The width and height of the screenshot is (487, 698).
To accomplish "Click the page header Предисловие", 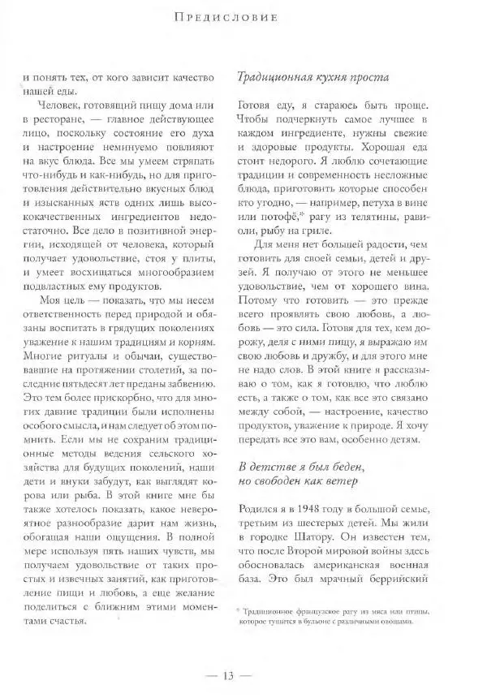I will pyautogui.click(x=243, y=15).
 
